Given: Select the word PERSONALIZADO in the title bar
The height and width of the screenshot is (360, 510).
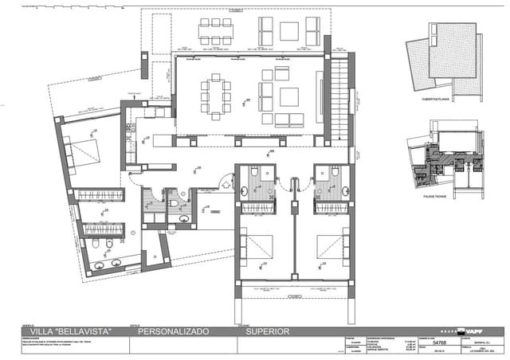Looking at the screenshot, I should click(x=174, y=331).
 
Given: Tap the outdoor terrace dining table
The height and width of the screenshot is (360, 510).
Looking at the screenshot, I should click(x=216, y=33).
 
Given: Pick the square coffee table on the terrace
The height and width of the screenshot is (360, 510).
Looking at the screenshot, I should click(x=289, y=32).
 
